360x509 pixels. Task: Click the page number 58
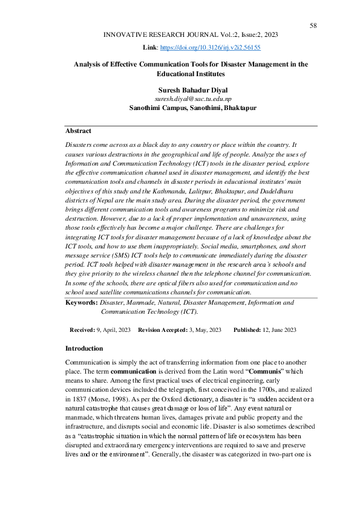pos(313,25)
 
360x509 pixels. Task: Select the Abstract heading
pos(78,131)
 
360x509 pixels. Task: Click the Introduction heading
pos(84,348)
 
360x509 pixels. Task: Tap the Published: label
pos(248,329)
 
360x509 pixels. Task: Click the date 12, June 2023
pos(280,329)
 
